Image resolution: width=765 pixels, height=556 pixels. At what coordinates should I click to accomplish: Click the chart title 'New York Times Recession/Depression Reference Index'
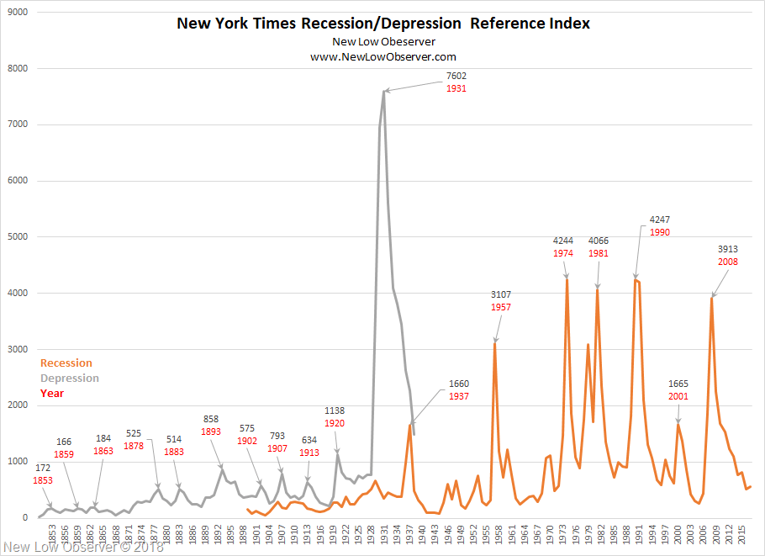(x=383, y=24)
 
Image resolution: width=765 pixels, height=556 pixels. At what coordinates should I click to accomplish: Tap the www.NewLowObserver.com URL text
(x=383, y=56)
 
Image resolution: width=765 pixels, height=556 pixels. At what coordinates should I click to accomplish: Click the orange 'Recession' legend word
(x=66, y=363)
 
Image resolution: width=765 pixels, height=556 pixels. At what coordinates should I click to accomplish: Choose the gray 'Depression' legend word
(x=70, y=379)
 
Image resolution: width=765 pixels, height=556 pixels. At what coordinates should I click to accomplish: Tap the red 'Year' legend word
(x=52, y=393)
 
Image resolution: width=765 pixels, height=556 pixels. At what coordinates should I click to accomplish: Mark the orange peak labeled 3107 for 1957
(x=494, y=342)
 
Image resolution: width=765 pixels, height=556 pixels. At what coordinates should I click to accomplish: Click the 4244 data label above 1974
(x=563, y=241)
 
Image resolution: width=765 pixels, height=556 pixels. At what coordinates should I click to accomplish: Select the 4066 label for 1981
(x=599, y=241)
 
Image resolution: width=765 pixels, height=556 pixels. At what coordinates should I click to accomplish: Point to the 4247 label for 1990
(x=660, y=220)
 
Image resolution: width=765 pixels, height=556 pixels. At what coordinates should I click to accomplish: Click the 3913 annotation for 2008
(x=728, y=249)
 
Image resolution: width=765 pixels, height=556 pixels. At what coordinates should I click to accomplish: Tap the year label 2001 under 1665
(x=678, y=396)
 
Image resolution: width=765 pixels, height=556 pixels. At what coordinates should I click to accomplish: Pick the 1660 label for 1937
(x=459, y=384)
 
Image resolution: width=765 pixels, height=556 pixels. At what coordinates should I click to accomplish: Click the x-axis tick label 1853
(x=52, y=534)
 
